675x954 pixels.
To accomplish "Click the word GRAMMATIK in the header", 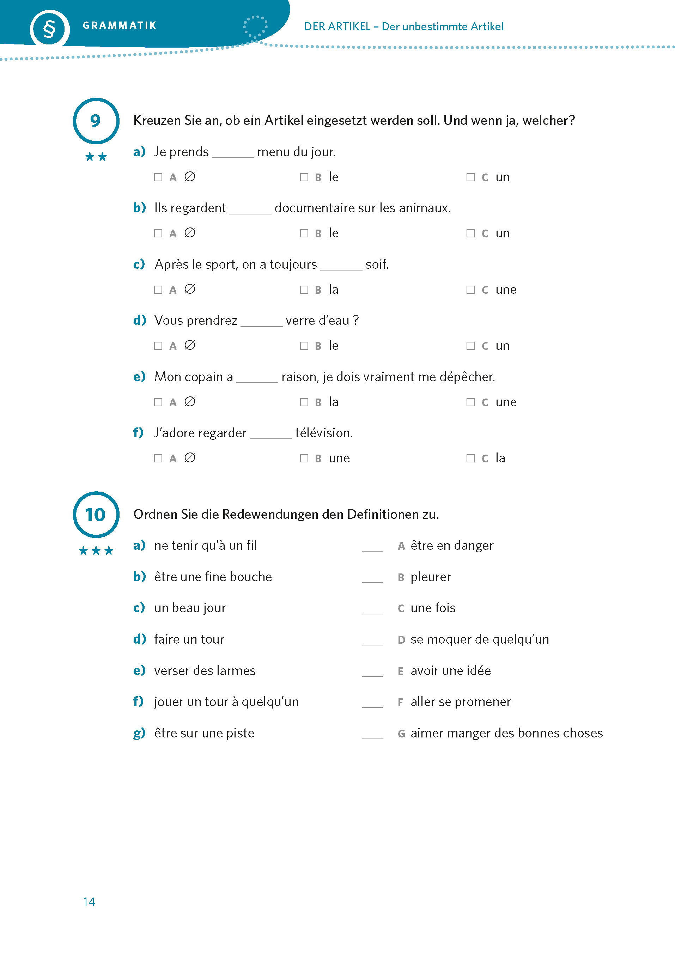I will [119, 26].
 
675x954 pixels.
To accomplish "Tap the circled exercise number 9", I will [96, 121].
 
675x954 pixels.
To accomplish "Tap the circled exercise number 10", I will [96, 515].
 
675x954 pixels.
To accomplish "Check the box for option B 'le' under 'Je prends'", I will [304, 177].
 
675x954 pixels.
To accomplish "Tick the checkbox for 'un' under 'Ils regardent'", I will [470, 233].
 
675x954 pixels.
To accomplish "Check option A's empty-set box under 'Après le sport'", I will [158, 290].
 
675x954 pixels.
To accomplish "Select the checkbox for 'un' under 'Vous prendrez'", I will [470, 346].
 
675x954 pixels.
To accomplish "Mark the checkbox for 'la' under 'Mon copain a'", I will [304, 402].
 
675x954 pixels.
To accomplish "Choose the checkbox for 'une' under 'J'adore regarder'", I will [304, 458].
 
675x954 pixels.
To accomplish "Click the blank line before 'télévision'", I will [270, 437].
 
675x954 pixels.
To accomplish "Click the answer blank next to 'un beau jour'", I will [372, 611].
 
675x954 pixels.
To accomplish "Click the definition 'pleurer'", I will [431, 577].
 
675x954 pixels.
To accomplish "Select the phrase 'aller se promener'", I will [461, 702].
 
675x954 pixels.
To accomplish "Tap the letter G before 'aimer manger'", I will [401, 734].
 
